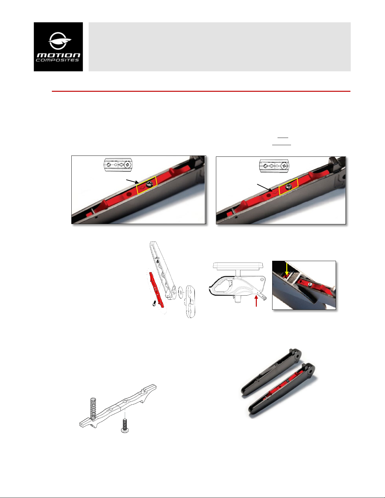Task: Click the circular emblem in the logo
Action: (59, 41)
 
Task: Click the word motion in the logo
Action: (58, 55)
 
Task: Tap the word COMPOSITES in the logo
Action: (57, 60)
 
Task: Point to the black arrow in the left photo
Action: (133, 182)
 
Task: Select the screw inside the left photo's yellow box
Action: (149, 183)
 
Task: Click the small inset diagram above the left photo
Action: (118, 165)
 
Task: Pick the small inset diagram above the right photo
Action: (274, 166)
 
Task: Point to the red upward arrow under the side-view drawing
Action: (256, 301)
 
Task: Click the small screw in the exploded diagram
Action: (154, 304)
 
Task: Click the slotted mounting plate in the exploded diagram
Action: (190, 301)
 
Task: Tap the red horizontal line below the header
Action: (201, 91)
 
